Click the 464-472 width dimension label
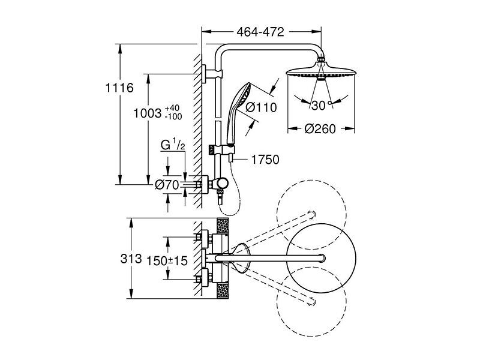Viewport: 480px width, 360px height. [260, 32]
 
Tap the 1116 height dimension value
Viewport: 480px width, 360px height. [119, 88]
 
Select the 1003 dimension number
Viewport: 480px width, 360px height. [147, 113]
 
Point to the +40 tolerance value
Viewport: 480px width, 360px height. [172, 109]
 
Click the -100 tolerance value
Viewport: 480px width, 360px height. [173, 116]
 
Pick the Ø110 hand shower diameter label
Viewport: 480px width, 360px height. [262, 107]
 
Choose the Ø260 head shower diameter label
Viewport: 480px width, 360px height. [320, 129]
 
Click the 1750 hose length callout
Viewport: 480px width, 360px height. [265, 160]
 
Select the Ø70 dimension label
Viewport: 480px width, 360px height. [167, 185]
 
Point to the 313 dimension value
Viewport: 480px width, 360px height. [131, 259]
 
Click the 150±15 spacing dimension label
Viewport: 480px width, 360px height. [167, 261]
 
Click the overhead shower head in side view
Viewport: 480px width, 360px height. [321, 71]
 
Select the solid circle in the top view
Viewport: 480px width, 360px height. [287, 259]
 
